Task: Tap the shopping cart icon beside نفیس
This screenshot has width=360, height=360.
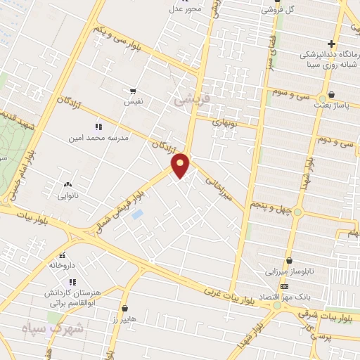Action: pos(131,91)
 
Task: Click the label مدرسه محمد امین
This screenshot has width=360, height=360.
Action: pos(99,139)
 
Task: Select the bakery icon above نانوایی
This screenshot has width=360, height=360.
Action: pos(67,184)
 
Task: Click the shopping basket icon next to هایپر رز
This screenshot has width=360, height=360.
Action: pos(124,308)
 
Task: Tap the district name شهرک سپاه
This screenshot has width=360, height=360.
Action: pos(53,328)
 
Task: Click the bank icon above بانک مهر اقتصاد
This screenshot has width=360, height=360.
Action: pos(283,287)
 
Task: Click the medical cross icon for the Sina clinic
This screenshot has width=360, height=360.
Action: pos(350,44)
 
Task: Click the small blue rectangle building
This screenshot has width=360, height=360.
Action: pos(137,213)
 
